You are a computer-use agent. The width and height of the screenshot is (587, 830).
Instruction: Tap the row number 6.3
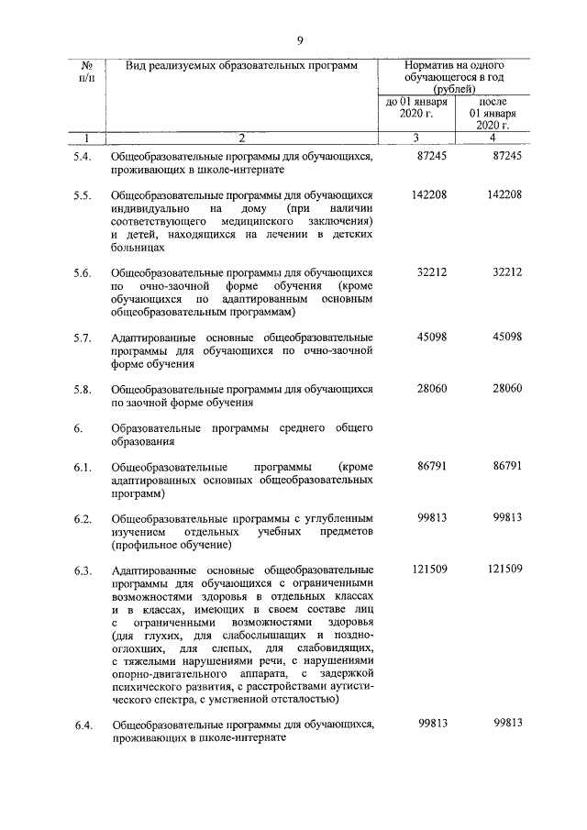[x=83, y=571]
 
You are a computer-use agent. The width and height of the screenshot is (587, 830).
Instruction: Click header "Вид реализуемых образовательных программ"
[x=241, y=66]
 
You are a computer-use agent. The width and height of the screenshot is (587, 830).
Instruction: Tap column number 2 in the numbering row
[x=241, y=138]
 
